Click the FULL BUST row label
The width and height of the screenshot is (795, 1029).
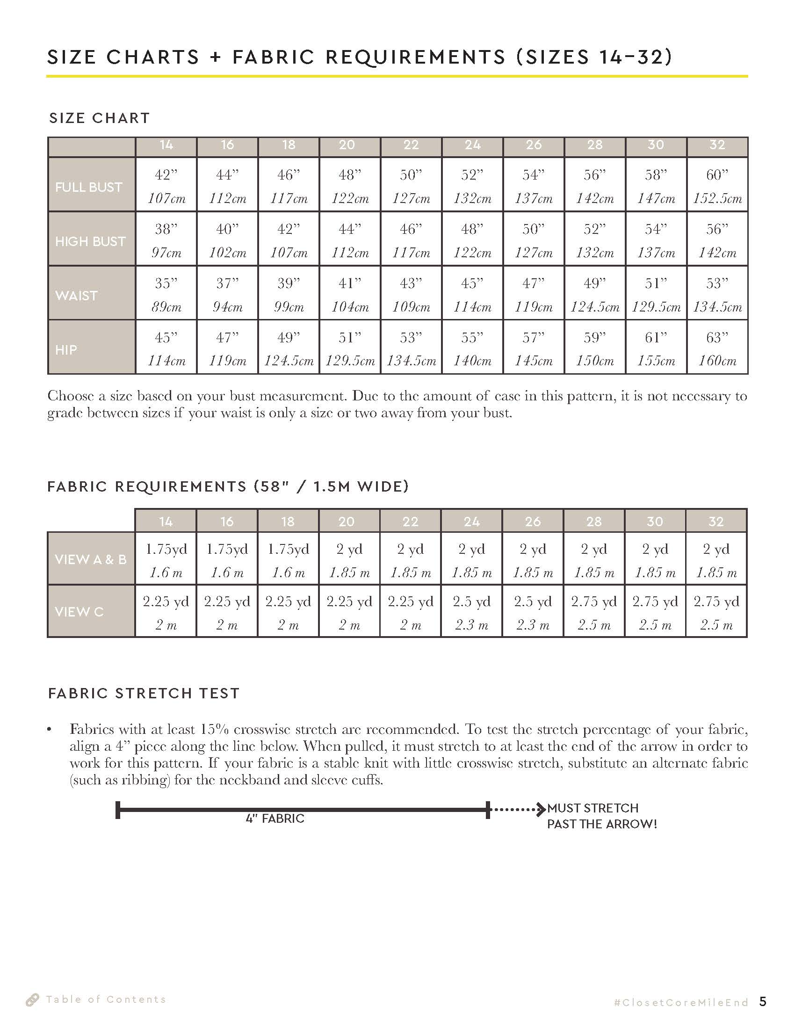[88, 187]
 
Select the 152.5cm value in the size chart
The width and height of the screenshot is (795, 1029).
[717, 198]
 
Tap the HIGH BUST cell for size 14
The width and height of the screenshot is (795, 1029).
[166, 240]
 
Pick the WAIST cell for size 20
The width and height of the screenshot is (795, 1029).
[350, 295]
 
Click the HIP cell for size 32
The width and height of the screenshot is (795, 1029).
[717, 348]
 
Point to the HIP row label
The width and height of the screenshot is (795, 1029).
[66, 349]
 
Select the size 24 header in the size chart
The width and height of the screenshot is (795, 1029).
[472, 145]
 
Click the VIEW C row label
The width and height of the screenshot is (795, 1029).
[79, 612]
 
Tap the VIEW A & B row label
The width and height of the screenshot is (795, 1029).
[90, 559]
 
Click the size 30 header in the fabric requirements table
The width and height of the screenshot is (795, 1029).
[655, 522]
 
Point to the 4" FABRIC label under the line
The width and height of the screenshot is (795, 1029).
[275, 819]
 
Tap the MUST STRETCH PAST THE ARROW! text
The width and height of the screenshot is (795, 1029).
[601, 816]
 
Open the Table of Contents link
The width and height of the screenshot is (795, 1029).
[106, 1000]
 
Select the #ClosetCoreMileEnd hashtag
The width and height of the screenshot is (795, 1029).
[681, 1003]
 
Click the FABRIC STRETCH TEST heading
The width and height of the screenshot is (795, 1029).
[144, 693]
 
